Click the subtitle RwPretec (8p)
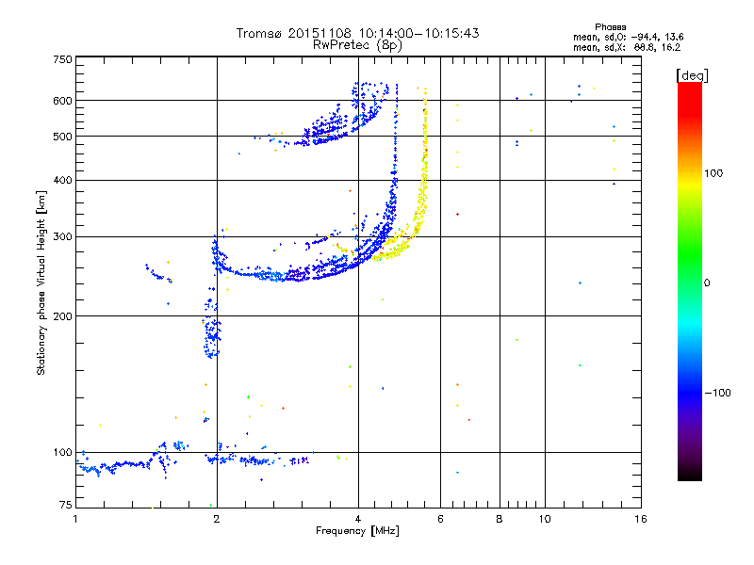pos(357,45)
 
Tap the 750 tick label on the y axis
pos(62,59)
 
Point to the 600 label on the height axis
pos(62,101)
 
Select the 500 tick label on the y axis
pos(62,137)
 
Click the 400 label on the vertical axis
pos(62,180)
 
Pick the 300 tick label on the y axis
pos(62,236)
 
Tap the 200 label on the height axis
pos(62,316)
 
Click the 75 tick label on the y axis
pos(65,505)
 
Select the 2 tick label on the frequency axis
pos(217,519)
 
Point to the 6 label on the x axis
pos(440,519)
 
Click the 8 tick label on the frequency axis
pos(500,519)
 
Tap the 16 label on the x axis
pos(641,519)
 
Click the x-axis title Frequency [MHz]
pos(357,531)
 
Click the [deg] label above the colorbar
pos(692,75)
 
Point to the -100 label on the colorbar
pos(718,393)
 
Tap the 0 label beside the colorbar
pos(707,283)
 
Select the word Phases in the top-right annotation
pos(610,27)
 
